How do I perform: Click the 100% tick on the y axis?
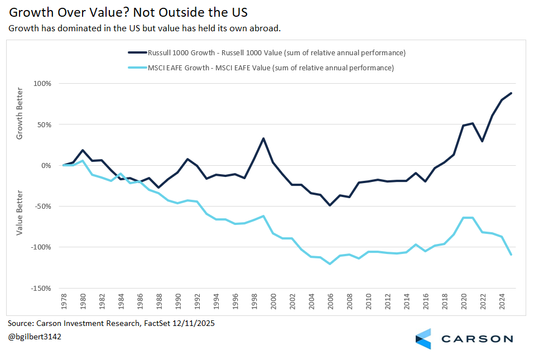coord(42,84)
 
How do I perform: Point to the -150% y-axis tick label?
coord(41,288)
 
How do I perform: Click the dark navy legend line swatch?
coord(137,53)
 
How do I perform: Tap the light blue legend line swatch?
coord(137,68)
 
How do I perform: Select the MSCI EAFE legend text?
coord(271,68)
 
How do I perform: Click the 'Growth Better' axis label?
coord(20,113)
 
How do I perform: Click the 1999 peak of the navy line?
coord(263,138)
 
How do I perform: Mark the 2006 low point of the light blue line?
coord(330,264)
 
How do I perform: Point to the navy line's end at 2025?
coord(511,93)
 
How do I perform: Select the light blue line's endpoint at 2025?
coord(511,255)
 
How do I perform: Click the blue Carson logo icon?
coord(423,339)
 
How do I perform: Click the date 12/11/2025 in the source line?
coord(189,323)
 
